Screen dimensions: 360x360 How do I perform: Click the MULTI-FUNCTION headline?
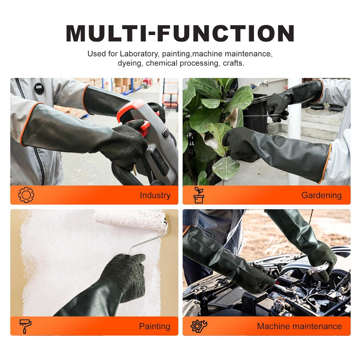[180, 33]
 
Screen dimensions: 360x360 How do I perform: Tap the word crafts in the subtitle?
[233, 63]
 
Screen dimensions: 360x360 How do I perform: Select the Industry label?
[155, 195]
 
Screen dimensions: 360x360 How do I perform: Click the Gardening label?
[321, 195]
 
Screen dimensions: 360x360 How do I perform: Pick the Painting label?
[154, 326]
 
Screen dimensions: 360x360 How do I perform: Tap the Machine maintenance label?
[299, 326]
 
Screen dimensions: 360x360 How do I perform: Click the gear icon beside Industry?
[26, 195]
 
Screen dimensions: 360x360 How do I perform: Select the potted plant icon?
[199, 195]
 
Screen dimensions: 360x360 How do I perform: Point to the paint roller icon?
[25, 326]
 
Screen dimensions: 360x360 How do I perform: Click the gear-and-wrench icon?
[199, 326]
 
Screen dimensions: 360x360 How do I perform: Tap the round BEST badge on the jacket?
[39, 88]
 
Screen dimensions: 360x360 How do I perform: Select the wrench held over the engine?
[319, 269]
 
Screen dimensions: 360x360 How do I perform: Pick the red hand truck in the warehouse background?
[171, 95]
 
